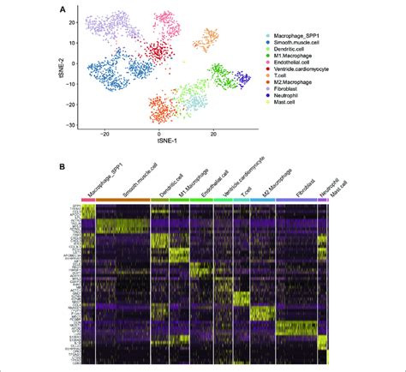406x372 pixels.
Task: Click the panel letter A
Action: [62, 9]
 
